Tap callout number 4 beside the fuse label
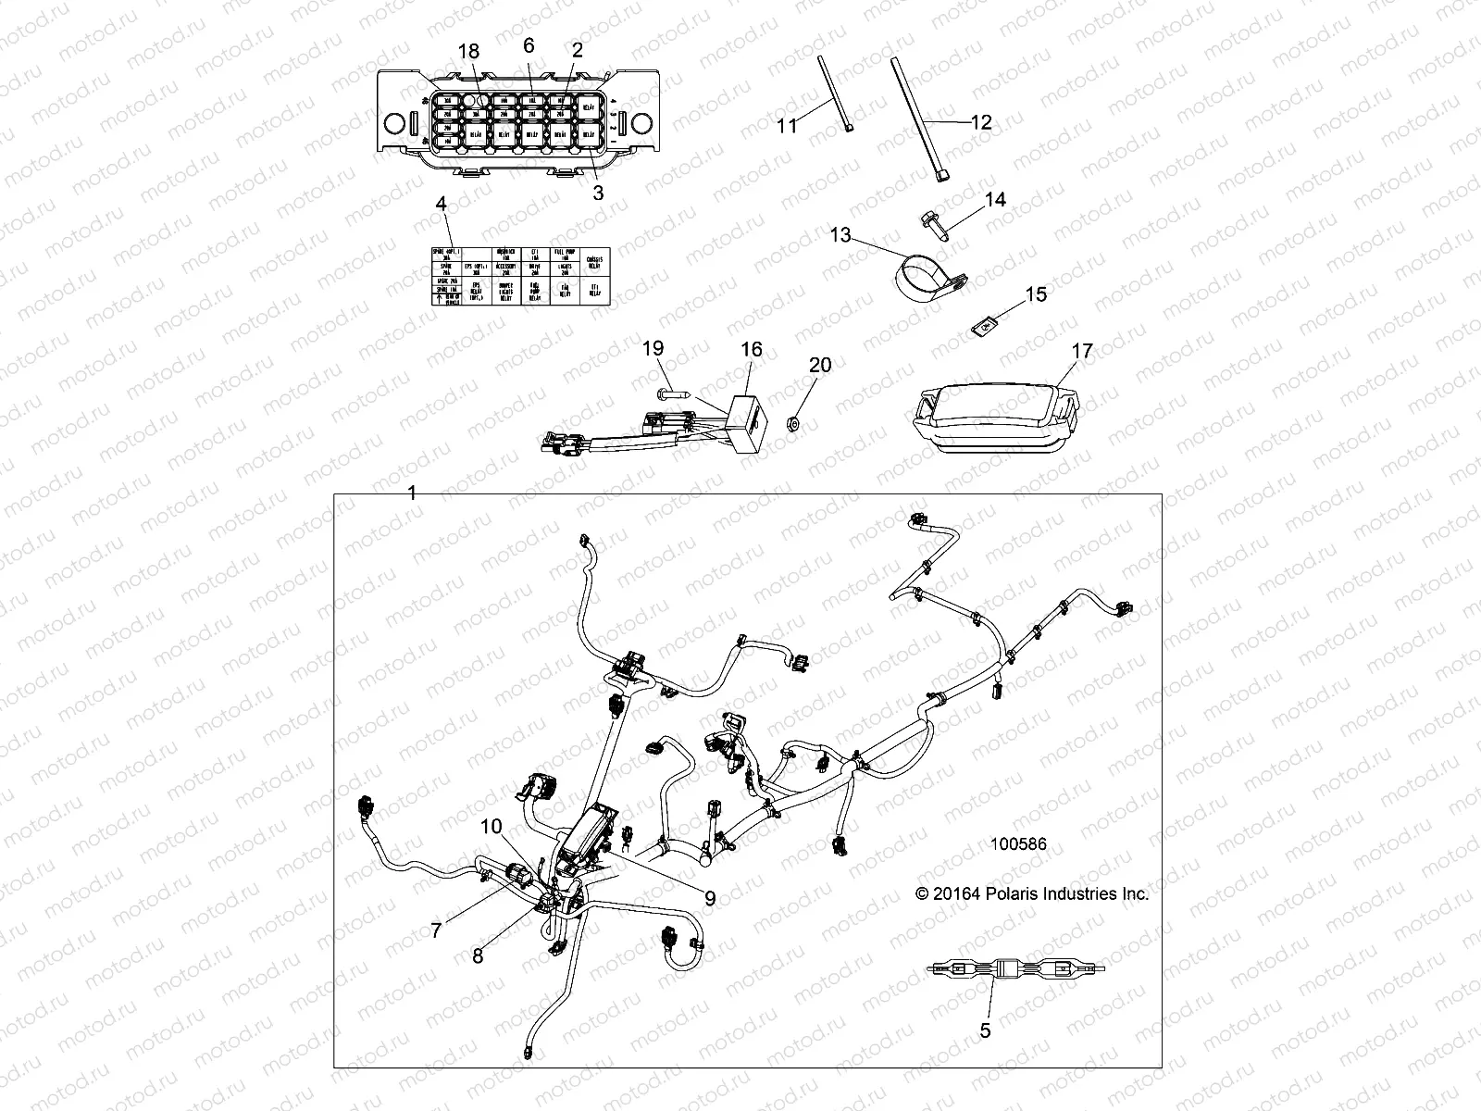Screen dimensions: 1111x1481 [441, 203]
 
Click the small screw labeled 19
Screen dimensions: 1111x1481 [672, 394]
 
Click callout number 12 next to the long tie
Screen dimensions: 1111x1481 [981, 122]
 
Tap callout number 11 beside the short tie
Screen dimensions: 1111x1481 [787, 124]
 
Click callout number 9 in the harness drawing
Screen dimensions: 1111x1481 [710, 898]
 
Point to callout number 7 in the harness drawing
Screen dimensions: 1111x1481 [436, 930]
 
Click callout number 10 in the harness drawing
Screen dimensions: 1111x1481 [491, 825]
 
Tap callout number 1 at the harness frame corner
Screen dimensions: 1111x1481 [412, 494]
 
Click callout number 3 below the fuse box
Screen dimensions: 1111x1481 [598, 193]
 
